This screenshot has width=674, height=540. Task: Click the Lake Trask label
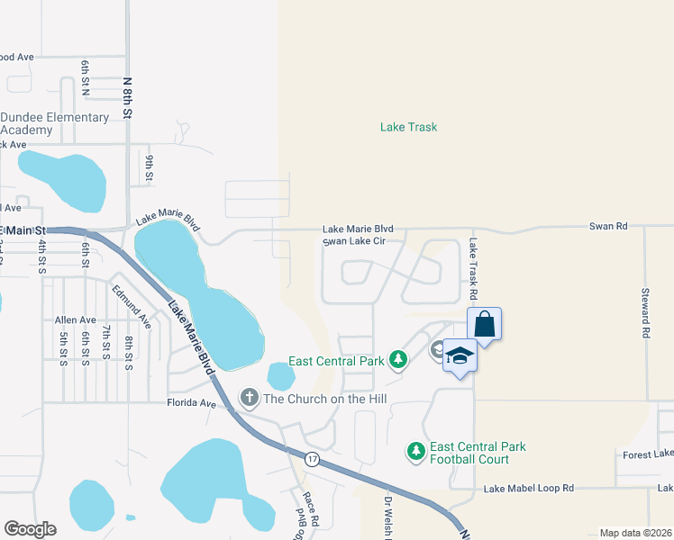click(408, 127)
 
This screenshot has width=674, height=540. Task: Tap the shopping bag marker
click(484, 324)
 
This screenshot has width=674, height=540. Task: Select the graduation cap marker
click(460, 356)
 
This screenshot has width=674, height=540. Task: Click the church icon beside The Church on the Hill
click(249, 397)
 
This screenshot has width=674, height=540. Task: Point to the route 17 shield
click(311, 458)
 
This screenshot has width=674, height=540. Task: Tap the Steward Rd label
click(645, 313)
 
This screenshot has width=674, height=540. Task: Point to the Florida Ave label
click(192, 403)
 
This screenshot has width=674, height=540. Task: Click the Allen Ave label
click(75, 320)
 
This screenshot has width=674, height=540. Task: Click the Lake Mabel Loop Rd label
click(528, 489)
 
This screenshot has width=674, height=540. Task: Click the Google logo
click(30, 528)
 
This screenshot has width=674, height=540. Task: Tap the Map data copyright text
click(635, 533)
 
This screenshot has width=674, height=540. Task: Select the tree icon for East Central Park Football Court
click(415, 450)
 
